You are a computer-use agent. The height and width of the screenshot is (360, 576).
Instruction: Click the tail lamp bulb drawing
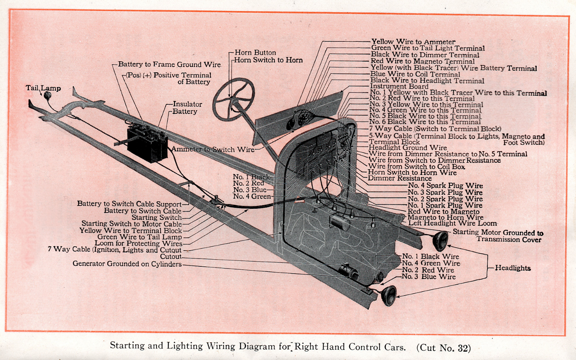pos(47,96)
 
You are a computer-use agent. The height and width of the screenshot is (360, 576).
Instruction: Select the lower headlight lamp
pos(389,296)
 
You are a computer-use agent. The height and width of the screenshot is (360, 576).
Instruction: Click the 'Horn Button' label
pos(255,53)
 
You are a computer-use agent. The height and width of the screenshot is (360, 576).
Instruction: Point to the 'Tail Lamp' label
pos(43,88)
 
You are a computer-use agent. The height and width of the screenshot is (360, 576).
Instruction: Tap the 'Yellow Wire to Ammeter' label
pos(413,42)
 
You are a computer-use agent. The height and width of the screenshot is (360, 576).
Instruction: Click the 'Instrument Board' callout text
pos(399,86)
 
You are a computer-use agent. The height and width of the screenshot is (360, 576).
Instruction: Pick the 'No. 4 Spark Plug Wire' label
pos(445,186)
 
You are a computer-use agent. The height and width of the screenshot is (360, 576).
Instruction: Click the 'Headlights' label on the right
pos(513,268)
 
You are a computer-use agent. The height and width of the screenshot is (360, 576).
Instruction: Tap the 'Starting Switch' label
pos(157,217)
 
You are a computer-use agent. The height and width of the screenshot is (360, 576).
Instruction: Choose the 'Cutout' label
pos(171,257)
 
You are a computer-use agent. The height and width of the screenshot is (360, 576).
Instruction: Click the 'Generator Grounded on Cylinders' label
pos(127,264)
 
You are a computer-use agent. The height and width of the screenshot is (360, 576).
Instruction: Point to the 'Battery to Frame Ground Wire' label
pos(169,64)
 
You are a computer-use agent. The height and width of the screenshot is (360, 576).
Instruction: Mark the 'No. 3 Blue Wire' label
pos(429,277)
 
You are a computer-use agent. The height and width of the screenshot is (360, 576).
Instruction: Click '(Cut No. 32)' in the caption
pos(444,348)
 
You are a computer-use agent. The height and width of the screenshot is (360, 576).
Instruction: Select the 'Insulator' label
pos(187,104)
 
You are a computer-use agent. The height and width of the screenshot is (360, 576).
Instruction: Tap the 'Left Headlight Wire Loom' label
pos(452,223)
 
